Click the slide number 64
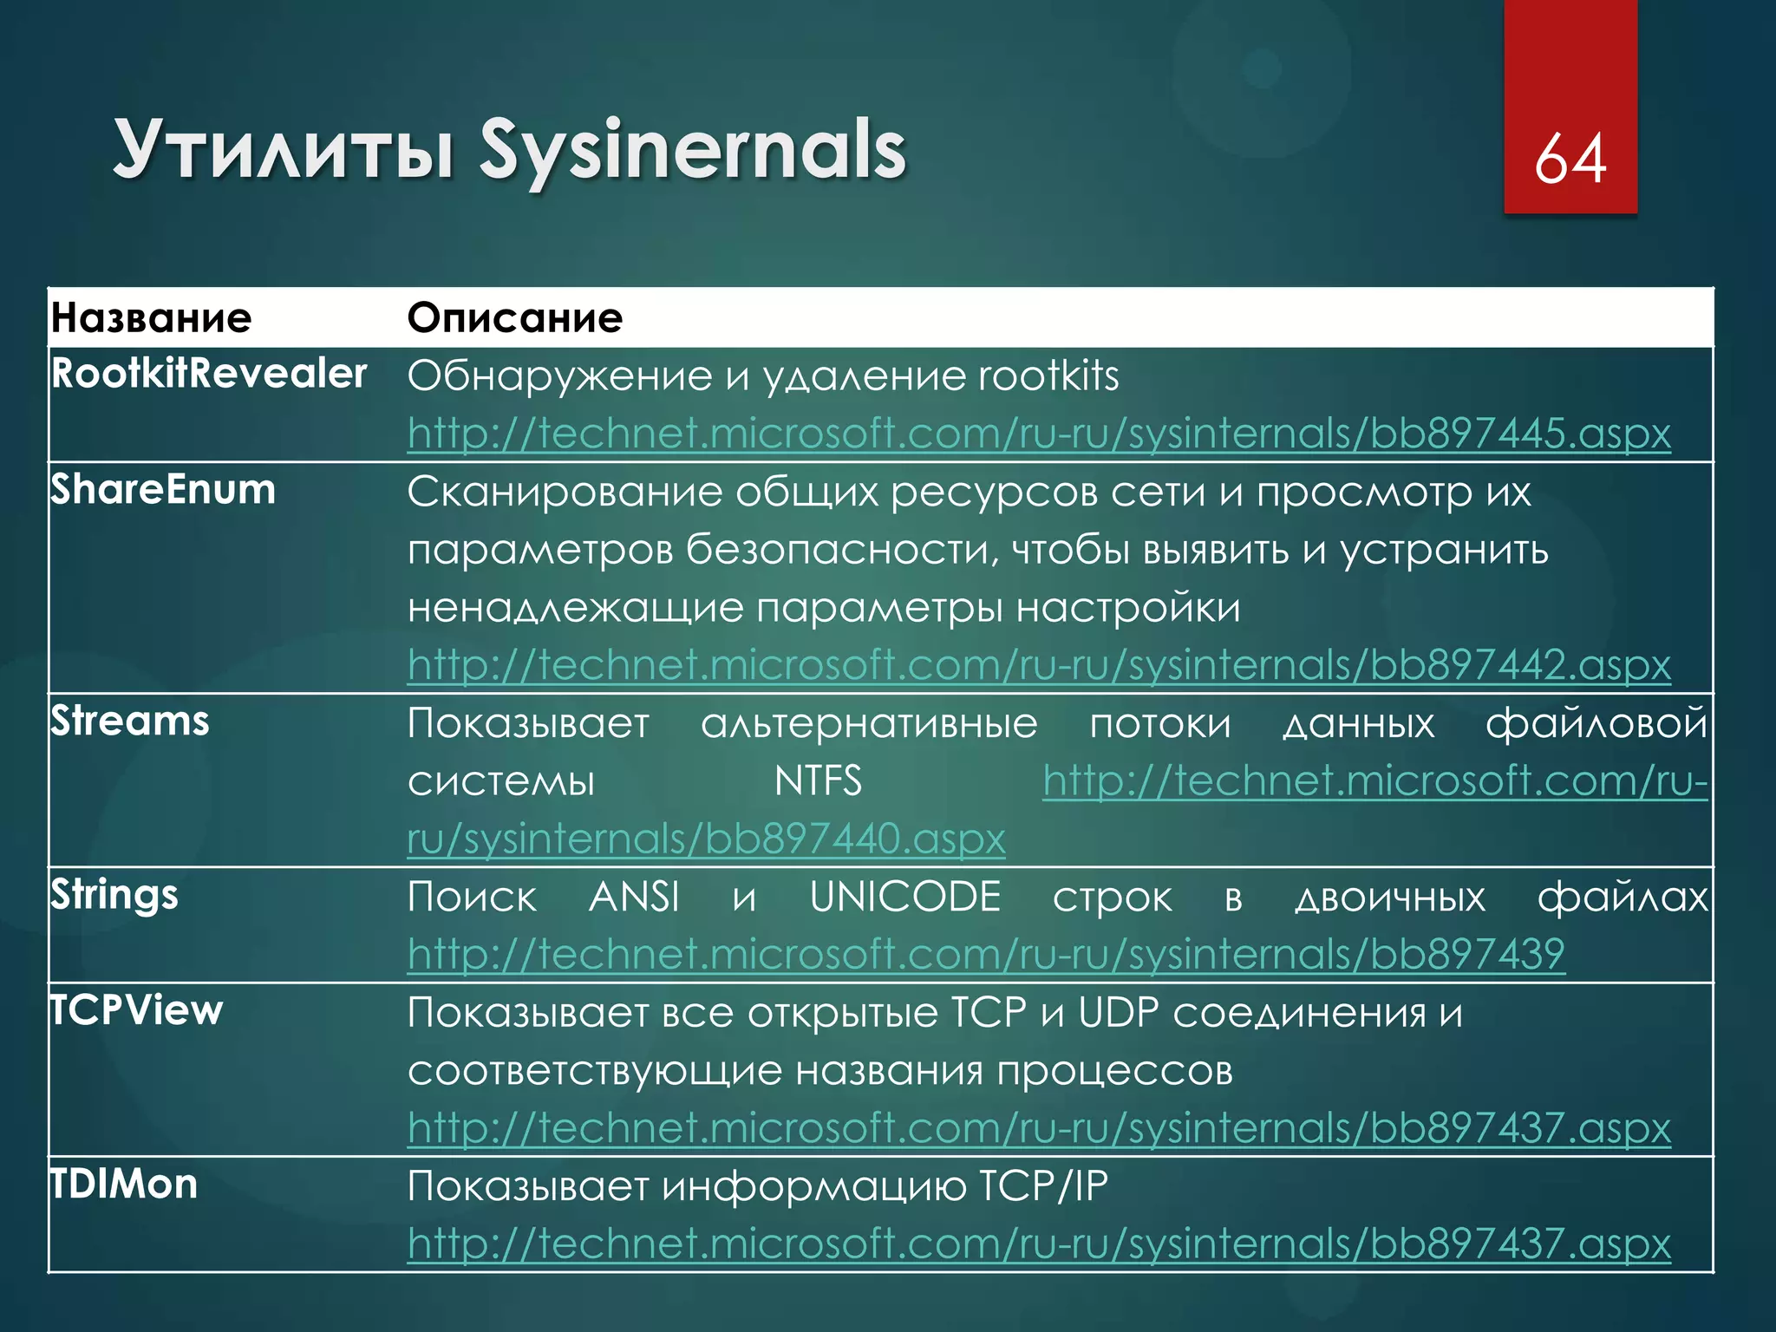[x=1570, y=159]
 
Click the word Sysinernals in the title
[x=692, y=150]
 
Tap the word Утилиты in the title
[x=284, y=150]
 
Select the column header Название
[x=152, y=318]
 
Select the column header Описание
[x=515, y=318]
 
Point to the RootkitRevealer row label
[x=209, y=374]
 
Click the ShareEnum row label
[x=163, y=490]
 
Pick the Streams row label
[x=130, y=721]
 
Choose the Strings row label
[x=114, y=895]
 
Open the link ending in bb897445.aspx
[x=1039, y=433]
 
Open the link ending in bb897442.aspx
[x=1039, y=665]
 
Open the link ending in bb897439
[x=986, y=954]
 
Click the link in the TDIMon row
[x=1039, y=1244]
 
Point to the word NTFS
[x=818, y=780]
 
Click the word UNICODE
[x=905, y=897]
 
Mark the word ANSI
[x=634, y=897]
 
